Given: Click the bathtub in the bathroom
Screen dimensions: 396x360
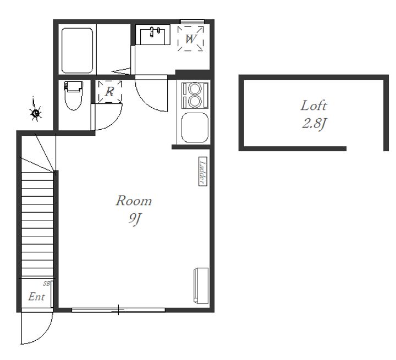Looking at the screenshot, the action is pyautogui.click(x=78, y=51).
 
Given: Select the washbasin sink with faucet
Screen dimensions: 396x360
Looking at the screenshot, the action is pyautogui.click(x=152, y=35).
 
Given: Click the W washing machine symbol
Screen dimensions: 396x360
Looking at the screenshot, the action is pyautogui.click(x=190, y=38).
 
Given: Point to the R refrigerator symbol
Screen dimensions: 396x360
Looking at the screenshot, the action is pyautogui.click(x=110, y=92).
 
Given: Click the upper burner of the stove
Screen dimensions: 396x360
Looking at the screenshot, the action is pyautogui.click(x=195, y=89).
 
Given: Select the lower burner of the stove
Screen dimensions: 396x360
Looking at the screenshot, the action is pyautogui.click(x=195, y=101).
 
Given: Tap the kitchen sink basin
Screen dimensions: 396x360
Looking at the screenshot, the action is pyautogui.click(x=195, y=128).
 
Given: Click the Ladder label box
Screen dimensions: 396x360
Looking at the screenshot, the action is pyautogui.click(x=203, y=171).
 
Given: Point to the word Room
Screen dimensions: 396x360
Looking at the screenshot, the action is pyautogui.click(x=134, y=201).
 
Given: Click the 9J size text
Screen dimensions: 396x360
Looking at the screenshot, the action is pyautogui.click(x=134, y=219).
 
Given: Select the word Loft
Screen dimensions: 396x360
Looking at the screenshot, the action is pyautogui.click(x=313, y=106).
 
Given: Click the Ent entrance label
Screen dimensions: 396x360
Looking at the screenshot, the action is pyautogui.click(x=37, y=297).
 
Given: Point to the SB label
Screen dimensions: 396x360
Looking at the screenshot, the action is pyautogui.click(x=46, y=284).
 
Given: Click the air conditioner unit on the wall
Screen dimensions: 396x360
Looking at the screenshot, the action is pyautogui.click(x=201, y=286).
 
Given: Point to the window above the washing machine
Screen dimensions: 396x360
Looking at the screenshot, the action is pyautogui.click(x=192, y=21).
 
